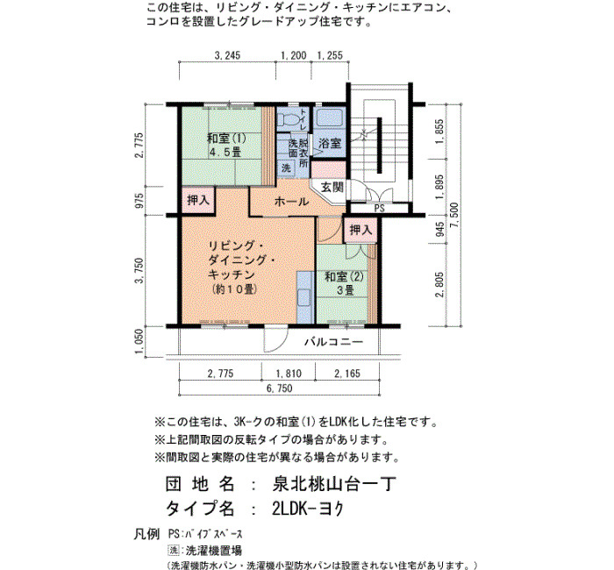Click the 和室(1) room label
(226, 139)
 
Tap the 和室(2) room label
(344, 277)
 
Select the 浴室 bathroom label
(330, 143)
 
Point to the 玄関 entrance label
(332, 187)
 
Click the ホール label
(292, 202)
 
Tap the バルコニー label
(334, 342)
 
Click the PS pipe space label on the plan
(380, 209)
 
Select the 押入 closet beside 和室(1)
(198, 200)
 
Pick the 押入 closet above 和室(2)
(361, 230)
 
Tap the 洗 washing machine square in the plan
(286, 167)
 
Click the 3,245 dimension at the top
(227, 55)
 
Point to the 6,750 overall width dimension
(280, 388)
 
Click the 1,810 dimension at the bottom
(289, 374)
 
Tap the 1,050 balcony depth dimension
(139, 341)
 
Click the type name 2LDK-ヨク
(308, 509)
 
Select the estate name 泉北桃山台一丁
(334, 485)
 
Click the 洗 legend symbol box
(174, 550)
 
